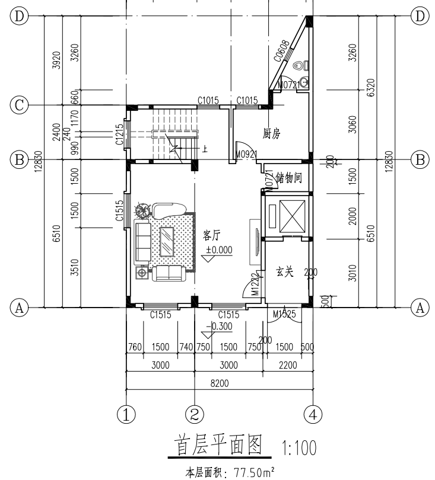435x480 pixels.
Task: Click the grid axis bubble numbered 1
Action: (126, 413)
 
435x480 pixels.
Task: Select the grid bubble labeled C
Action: (19, 106)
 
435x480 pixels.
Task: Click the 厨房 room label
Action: (271, 135)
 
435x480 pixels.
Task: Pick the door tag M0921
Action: (245, 155)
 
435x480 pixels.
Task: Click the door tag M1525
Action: (284, 314)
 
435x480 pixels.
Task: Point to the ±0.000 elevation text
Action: (219, 250)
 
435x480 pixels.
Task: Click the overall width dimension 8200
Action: (219, 383)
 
